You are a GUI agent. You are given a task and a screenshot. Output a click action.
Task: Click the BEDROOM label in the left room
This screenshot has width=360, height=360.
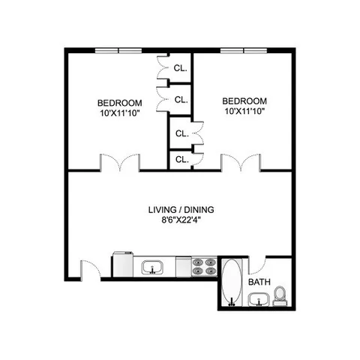pos(118,102)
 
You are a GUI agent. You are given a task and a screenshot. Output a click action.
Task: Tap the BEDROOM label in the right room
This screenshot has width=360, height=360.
pos(244,100)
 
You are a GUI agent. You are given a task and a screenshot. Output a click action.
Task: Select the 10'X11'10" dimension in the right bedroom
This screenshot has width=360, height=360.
pos(244,111)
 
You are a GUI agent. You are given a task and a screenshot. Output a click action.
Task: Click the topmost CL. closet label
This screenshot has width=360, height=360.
pos(181,68)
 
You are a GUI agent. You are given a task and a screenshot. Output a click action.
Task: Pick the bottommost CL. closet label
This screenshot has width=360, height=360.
pos(181,160)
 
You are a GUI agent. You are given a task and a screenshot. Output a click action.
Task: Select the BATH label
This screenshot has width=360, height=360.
pos(259,282)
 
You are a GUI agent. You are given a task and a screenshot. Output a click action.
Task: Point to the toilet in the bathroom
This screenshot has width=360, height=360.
pos(280,296)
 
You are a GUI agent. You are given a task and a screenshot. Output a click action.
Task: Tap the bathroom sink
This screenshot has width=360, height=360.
pos(259,301)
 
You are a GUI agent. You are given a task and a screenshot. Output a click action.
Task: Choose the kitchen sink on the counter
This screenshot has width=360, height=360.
pos(153,267)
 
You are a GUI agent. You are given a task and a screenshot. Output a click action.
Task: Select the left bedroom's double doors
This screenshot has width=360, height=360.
pos(119,162)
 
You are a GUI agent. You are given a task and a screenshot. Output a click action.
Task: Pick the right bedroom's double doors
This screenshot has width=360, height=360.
pos(240,162)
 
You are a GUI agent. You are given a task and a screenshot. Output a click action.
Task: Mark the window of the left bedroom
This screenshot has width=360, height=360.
pos(118,50)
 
